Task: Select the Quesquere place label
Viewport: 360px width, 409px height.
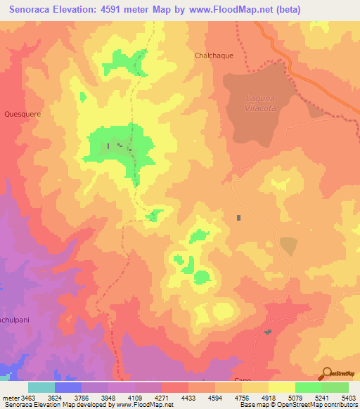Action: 20,112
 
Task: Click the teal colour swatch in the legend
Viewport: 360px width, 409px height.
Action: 41,387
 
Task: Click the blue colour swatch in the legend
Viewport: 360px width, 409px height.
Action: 68,387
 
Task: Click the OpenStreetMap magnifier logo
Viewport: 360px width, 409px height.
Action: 326,374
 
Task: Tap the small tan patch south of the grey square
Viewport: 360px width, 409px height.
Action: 288,246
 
